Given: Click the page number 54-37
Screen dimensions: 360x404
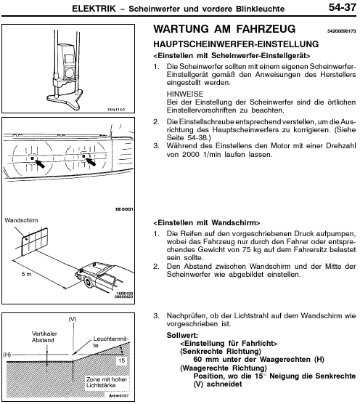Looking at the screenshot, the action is [342, 7].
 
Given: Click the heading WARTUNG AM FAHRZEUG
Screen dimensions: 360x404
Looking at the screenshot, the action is [224, 28].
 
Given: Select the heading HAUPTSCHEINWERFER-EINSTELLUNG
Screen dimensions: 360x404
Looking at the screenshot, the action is [236, 44].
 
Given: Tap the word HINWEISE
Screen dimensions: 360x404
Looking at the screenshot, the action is [185, 94].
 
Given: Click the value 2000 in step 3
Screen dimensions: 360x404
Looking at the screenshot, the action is [190, 154].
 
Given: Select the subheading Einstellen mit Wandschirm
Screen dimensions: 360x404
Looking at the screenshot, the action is [207, 223].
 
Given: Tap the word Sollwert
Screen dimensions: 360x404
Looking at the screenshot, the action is [182, 335].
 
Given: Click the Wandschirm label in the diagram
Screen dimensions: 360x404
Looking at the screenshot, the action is [21, 220].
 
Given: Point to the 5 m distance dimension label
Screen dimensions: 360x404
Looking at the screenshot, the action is [26, 274].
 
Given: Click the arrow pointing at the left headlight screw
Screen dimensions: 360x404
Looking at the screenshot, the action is [39, 163].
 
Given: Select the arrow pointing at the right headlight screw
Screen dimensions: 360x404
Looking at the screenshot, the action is [91, 162].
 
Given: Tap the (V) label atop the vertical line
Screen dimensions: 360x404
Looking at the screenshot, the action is [73, 320].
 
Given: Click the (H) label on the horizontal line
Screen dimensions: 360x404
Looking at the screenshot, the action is [7, 355].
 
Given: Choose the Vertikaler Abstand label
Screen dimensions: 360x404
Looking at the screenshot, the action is [44, 336].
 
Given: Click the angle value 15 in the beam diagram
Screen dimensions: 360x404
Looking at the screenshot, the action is [121, 360].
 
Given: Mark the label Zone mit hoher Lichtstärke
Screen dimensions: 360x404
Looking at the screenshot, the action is [107, 382].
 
